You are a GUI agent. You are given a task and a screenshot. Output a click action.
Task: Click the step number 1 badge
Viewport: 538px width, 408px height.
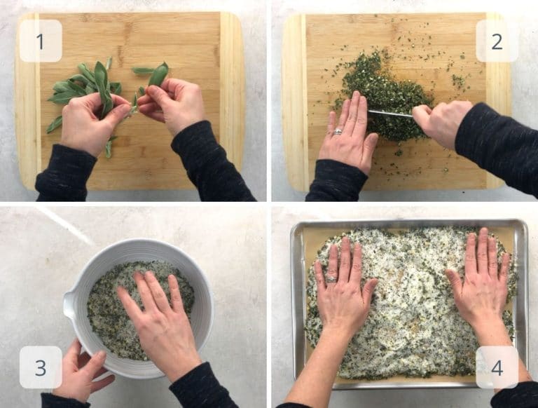tap(40, 41)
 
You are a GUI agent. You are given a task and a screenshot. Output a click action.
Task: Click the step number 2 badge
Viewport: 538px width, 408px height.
tap(497, 41)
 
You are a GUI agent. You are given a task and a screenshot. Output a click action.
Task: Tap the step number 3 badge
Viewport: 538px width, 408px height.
tap(40, 367)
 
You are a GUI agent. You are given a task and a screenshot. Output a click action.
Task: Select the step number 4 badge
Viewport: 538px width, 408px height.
tap(497, 367)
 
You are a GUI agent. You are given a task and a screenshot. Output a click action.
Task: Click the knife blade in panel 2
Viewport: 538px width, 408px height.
tap(389, 113)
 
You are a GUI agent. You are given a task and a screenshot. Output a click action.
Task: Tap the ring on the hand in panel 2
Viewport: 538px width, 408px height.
tap(338, 131)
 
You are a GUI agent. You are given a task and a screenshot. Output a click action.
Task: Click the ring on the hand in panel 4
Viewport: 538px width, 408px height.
tap(331, 278)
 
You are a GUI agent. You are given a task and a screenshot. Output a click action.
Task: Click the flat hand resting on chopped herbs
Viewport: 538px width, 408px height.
tap(349, 133)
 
